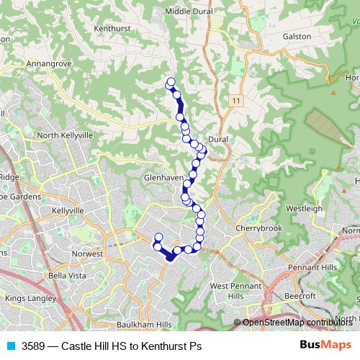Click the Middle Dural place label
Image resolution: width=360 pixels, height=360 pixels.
188,12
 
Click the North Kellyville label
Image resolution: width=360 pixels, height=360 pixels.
66,135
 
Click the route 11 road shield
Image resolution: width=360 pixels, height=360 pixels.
235,101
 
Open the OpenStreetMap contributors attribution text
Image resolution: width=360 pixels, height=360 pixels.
297,322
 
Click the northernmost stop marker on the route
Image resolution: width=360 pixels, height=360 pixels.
171,82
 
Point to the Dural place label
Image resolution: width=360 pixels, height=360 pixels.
217,138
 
